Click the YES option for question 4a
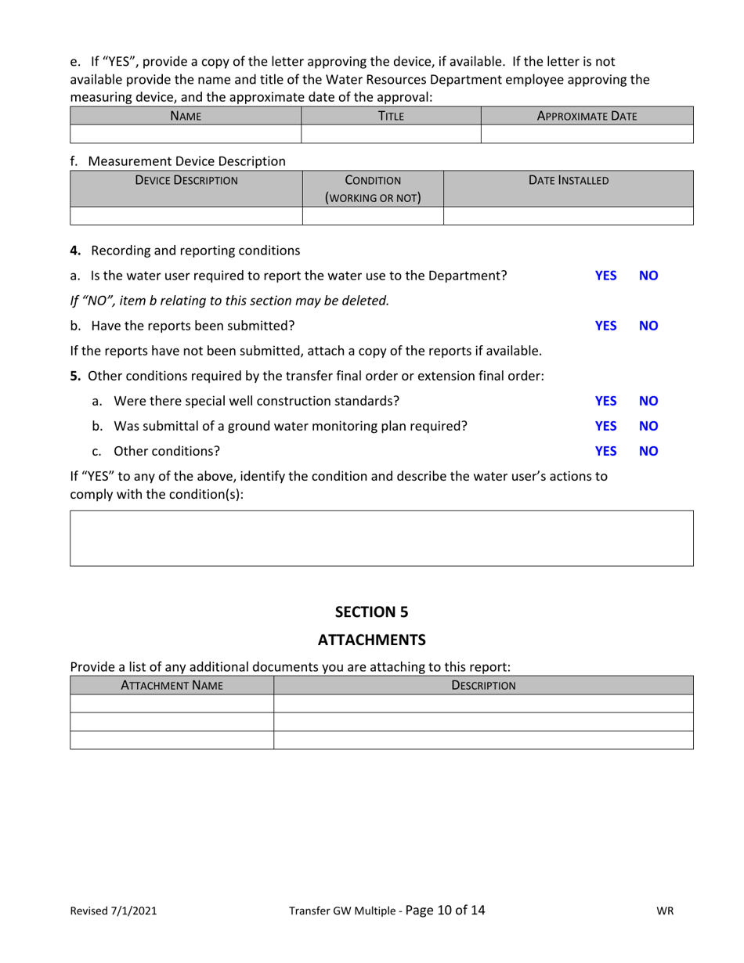(x=605, y=276)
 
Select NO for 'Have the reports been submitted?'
(x=648, y=326)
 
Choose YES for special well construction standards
(x=605, y=401)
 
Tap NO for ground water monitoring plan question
(x=648, y=426)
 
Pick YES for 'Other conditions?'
(x=605, y=451)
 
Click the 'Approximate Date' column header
(x=587, y=116)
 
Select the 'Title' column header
(x=390, y=116)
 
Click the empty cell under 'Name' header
(x=186, y=134)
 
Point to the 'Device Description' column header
(x=186, y=180)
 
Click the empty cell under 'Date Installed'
(x=568, y=216)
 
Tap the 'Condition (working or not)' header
(x=373, y=189)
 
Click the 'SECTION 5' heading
(x=371, y=611)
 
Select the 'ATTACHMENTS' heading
(x=371, y=640)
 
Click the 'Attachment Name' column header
(x=172, y=685)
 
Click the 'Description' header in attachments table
(x=483, y=685)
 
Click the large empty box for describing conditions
(x=381, y=538)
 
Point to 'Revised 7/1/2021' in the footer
(x=114, y=911)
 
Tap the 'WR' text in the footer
(x=664, y=911)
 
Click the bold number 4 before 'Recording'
(x=75, y=251)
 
